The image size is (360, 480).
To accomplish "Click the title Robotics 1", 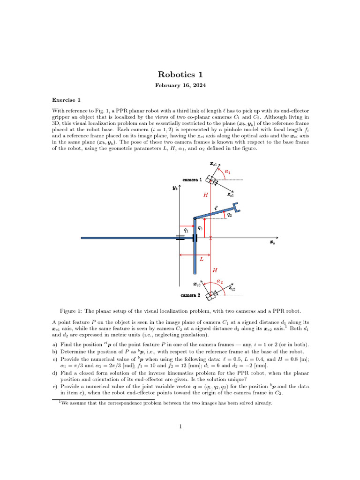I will tap(180, 74).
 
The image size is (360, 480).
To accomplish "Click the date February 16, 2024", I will tap(180, 86).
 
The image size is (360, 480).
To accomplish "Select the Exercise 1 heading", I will tap(66, 100).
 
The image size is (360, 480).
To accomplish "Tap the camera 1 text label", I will tap(192, 180).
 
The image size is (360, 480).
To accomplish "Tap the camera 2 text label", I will tap(191, 295).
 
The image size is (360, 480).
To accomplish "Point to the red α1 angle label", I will tap(228, 172).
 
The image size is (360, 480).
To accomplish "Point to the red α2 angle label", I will tap(219, 282).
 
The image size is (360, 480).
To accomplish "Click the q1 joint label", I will tap(186, 230).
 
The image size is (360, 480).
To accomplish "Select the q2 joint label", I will tap(200, 227).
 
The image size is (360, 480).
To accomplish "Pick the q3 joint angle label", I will tap(229, 215).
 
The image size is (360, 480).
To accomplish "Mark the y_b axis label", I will tap(175, 188).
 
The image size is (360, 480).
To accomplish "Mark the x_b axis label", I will tap(272, 243).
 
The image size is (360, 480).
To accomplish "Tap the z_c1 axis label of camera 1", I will tap(230, 194).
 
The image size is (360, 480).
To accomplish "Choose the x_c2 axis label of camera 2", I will tap(197, 285).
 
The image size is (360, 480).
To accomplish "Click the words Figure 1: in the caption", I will tap(71, 311).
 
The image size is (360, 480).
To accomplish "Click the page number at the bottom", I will tap(180, 427).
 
